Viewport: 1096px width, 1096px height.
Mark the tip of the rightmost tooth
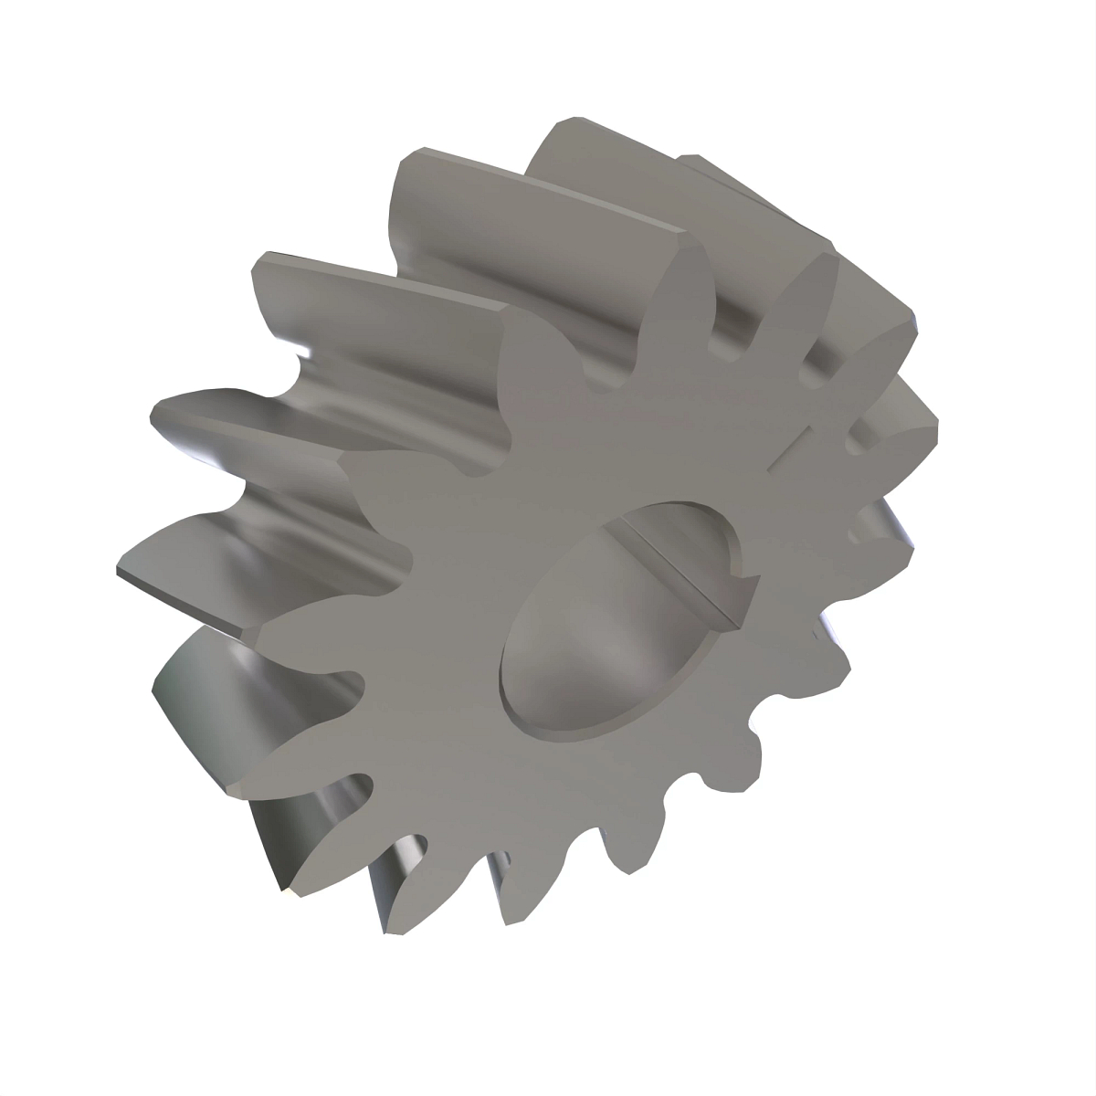tap(936, 420)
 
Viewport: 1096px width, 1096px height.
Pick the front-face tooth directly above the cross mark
tap(813, 301)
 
